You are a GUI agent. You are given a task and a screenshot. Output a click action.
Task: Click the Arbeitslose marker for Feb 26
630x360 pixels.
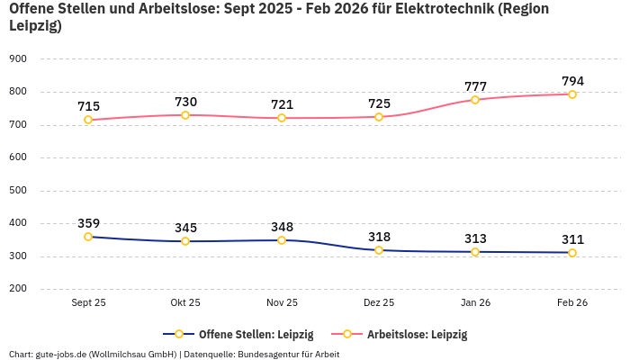(x=572, y=94)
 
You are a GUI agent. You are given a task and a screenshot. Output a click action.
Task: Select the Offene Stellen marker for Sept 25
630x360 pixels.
(x=88, y=237)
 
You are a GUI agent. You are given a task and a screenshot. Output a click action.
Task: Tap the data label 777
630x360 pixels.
(x=475, y=86)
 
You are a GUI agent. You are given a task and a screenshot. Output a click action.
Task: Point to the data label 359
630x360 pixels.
(x=88, y=223)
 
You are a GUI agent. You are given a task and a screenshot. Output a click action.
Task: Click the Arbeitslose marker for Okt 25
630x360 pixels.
(x=185, y=115)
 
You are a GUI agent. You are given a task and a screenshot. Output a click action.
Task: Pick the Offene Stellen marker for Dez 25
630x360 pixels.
(x=379, y=250)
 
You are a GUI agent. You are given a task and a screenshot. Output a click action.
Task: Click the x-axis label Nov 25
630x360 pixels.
(x=282, y=303)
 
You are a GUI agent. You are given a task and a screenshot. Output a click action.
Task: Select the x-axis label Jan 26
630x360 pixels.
(x=475, y=303)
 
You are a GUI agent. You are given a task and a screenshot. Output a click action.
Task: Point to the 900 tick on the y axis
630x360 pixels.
(x=18, y=58)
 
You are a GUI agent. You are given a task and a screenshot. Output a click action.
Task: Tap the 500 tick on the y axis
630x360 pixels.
(x=18, y=190)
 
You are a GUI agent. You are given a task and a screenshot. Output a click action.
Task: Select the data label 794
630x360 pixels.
(x=572, y=81)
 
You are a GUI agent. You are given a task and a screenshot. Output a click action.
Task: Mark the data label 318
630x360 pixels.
(x=379, y=237)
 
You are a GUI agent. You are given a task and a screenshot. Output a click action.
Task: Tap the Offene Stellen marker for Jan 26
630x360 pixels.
(x=475, y=252)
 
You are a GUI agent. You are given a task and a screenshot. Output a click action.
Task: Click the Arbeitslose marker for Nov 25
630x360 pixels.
(x=282, y=118)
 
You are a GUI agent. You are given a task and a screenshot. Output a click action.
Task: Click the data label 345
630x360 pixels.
(x=185, y=228)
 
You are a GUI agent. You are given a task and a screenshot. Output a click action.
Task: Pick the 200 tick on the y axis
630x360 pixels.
(x=18, y=289)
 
